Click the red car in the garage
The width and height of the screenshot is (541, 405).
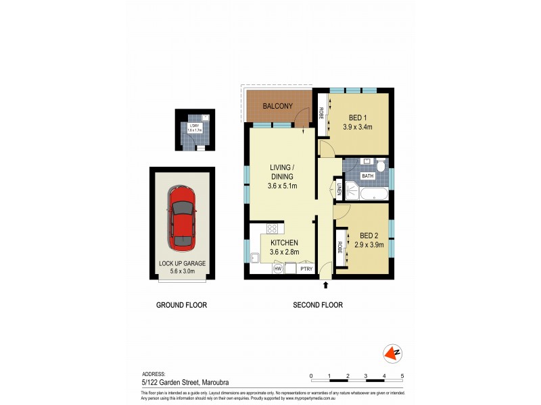click(182, 216)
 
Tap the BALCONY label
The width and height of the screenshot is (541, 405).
click(278, 106)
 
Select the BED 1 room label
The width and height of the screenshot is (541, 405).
click(358, 116)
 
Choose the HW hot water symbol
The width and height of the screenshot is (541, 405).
click(277, 269)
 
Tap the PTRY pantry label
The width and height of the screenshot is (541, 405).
click(306, 269)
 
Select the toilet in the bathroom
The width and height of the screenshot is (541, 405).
click(381, 165)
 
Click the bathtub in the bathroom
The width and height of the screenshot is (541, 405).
click(373, 194)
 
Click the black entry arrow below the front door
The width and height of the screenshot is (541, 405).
click(325, 286)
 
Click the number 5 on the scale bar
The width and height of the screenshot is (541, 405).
click(402, 375)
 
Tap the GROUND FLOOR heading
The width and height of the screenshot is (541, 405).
click(181, 305)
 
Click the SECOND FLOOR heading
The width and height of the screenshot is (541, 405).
click(317, 305)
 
